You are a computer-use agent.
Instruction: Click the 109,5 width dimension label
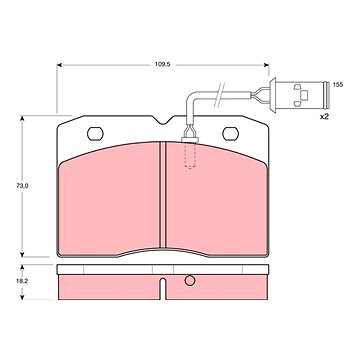[163, 64]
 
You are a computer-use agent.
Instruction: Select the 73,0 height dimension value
[22, 186]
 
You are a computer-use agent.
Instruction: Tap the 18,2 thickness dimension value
[22, 281]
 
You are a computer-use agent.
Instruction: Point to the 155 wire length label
[338, 85]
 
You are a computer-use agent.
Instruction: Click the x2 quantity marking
[324, 117]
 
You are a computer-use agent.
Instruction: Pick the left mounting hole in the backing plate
[95, 134]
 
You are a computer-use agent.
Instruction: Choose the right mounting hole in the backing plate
[230, 134]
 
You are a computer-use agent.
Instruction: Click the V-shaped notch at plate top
[163, 120]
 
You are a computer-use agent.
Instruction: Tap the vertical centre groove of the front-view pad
[162, 195]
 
